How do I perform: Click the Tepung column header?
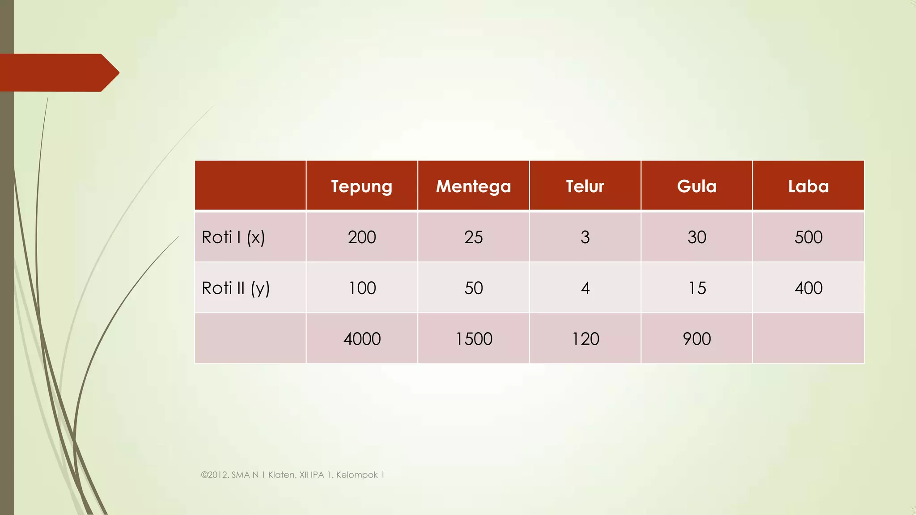pos(361,186)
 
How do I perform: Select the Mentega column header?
pos(473,186)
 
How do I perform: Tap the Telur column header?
pos(585,186)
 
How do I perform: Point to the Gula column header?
pos(696,186)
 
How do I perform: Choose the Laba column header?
pos(808,186)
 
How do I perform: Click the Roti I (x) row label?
pos(233,237)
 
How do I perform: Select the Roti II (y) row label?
pos(236,288)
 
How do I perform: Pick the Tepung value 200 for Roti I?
pos(362,237)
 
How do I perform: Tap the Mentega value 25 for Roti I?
pos(473,237)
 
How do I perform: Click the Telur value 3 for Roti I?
pos(585,237)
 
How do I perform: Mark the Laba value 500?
pos(808,237)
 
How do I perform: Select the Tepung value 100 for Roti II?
pos(362,288)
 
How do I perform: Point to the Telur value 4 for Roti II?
pos(585,288)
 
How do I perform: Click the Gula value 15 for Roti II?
pos(697,288)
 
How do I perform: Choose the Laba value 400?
pos(808,288)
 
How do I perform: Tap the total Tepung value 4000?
pos(362,339)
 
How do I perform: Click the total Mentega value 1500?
pos(474,339)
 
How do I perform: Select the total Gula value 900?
pos(696,339)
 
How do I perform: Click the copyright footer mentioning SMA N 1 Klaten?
pos(293,475)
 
